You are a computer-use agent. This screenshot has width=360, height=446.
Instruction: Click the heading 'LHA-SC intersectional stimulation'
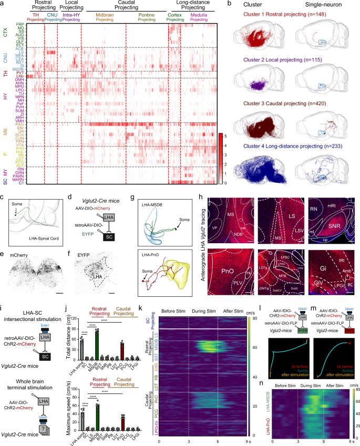(23, 321)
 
